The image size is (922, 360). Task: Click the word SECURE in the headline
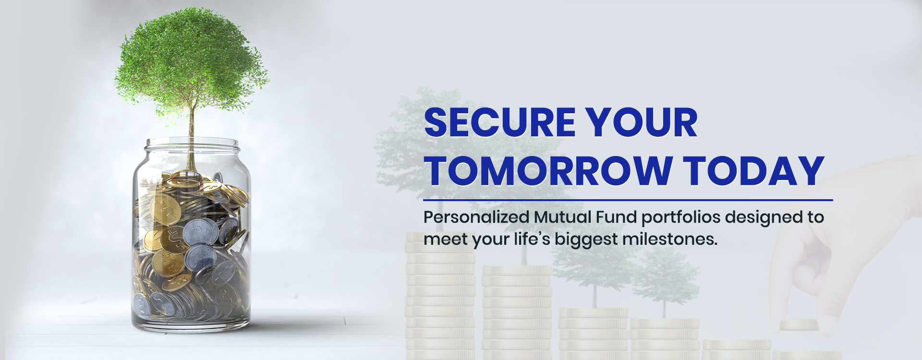click(x=500, y=122)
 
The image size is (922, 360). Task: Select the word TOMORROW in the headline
click(x=549, y=170)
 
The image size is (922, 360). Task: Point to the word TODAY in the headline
click(x=754, y=170)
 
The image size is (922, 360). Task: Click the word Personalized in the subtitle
click(x=476, y=217)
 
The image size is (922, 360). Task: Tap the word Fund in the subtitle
click(x=617, y=217)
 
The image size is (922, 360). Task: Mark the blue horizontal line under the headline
click(x=628, y=200)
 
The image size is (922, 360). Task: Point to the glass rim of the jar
click(x=192, y=143)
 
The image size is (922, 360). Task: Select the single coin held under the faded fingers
click(x=799, y=325)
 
